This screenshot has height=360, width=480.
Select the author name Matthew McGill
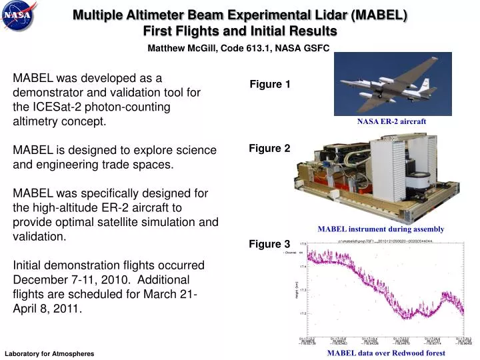183,48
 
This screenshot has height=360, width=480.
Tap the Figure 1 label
269,85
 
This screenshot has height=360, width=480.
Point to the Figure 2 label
269,149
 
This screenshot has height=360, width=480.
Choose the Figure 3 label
269,244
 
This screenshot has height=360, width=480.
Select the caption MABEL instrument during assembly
381,229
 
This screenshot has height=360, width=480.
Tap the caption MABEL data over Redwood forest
386,353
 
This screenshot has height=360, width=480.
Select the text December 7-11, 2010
74,279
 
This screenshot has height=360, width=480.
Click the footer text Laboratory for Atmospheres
49,353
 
